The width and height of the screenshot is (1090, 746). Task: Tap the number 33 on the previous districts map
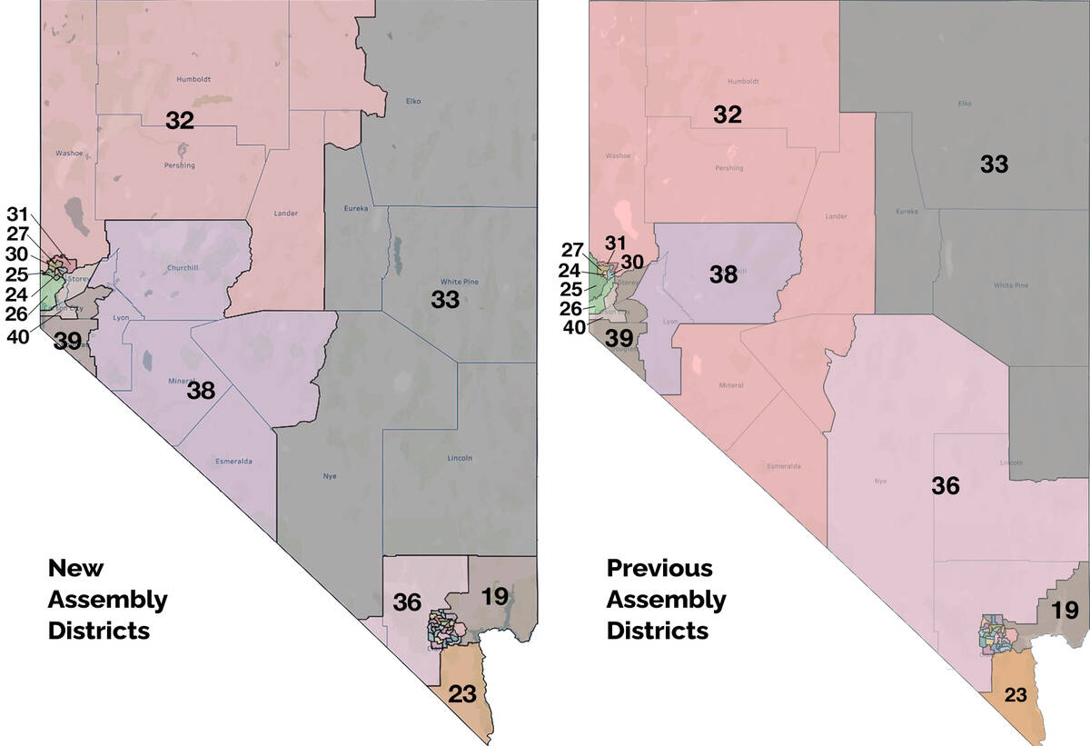pos(995,164)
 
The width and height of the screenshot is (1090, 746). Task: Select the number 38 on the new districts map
pos(201,391)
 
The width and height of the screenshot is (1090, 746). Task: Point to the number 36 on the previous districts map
pos(946,486)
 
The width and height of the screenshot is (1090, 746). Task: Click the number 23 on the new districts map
pos(462,694)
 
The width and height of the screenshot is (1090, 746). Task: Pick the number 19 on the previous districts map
pos(1063,610)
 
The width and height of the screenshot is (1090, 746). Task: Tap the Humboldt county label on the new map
pos(193,79)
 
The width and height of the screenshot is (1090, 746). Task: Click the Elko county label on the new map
pos(413,101)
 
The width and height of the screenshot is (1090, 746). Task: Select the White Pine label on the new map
pos(459,282)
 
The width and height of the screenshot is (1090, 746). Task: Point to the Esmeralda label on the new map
pos(233,462)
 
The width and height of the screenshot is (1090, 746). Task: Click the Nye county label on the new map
pos(330,476)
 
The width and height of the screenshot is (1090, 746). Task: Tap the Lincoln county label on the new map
pos(460,458)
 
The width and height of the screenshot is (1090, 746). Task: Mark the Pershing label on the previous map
pos(728,168)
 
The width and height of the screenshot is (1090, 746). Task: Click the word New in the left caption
pos(75,569)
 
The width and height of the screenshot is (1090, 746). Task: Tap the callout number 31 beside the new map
pos(17,215)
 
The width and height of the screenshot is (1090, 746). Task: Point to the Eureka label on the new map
pos(355,209)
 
